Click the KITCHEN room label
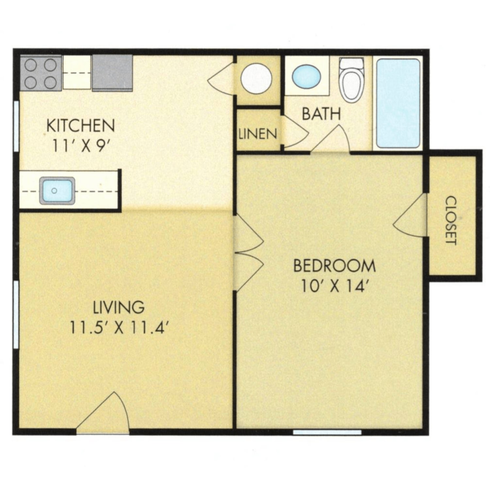tap(81, 125)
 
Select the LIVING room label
tap(119, 307)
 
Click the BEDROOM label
tap(335, 266)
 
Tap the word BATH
tap(321, 114)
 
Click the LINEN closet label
tap(258, 134)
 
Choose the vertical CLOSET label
tap(451, 220)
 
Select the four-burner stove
tap(41, 73)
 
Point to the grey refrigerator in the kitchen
tap(112, 73)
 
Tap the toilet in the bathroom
tap(351, 80)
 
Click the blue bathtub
tap(398, 104)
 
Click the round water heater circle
tap(256, 78)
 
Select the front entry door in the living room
tap(103, 412)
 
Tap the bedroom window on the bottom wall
tap(327, 432)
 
